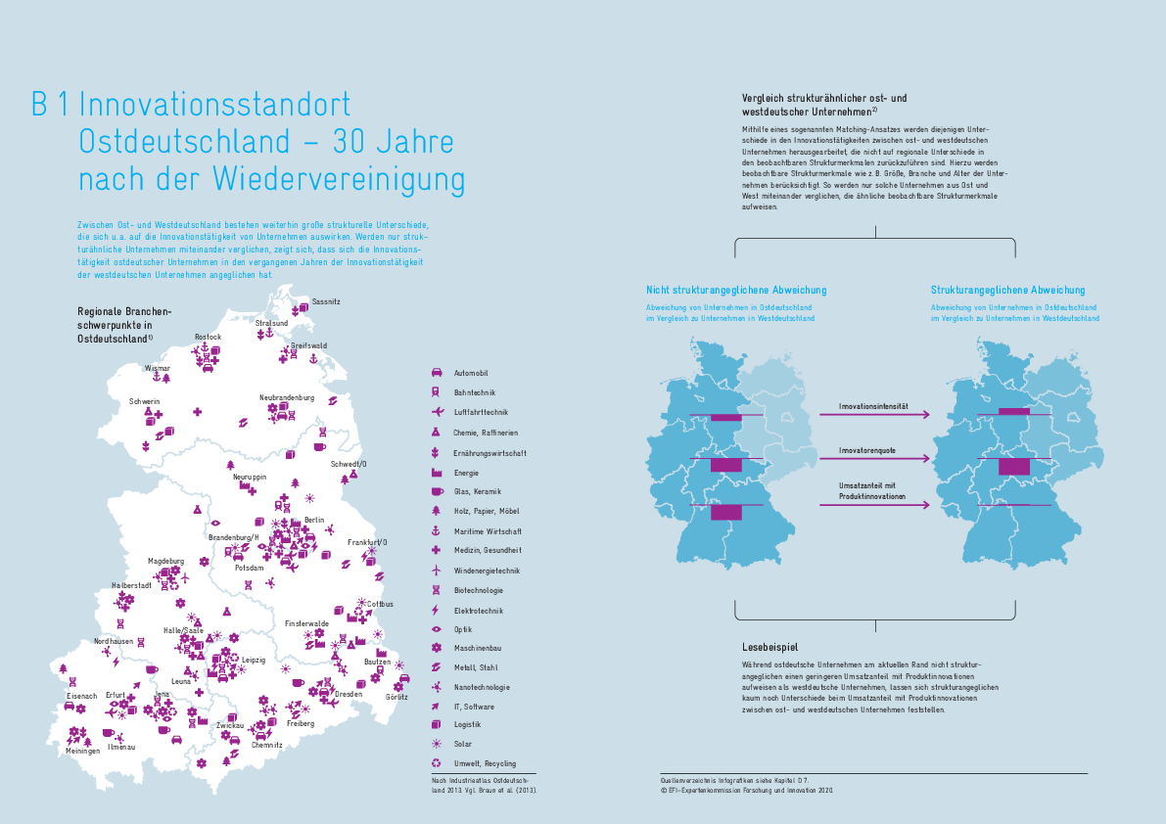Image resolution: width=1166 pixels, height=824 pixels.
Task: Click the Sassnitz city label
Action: pos(325,301)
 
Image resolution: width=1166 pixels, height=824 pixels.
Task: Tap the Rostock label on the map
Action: pos(208,337)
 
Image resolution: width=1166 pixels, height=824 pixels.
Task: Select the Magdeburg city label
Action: pos(165,561)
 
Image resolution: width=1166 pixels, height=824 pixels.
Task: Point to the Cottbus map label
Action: pos(380,605)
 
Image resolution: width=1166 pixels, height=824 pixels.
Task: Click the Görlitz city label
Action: pos(396,697)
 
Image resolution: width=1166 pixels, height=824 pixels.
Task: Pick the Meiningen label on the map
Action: pos(83,751)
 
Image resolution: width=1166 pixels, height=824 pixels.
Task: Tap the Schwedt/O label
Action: pos(349,464)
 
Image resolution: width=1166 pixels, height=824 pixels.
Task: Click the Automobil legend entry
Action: pos(470,373)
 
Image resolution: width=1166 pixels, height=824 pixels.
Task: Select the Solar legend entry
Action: pos(463,744)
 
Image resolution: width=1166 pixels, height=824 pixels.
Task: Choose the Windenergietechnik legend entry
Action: pos(486,571)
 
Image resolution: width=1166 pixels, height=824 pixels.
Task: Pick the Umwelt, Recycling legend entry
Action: pos(484,763)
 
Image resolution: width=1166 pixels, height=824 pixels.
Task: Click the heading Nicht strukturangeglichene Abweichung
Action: pos(736,290)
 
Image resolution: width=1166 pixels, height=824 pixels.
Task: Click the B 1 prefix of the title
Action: pos(50,105)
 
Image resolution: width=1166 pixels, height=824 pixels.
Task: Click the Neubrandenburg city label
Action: pos(286,397)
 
